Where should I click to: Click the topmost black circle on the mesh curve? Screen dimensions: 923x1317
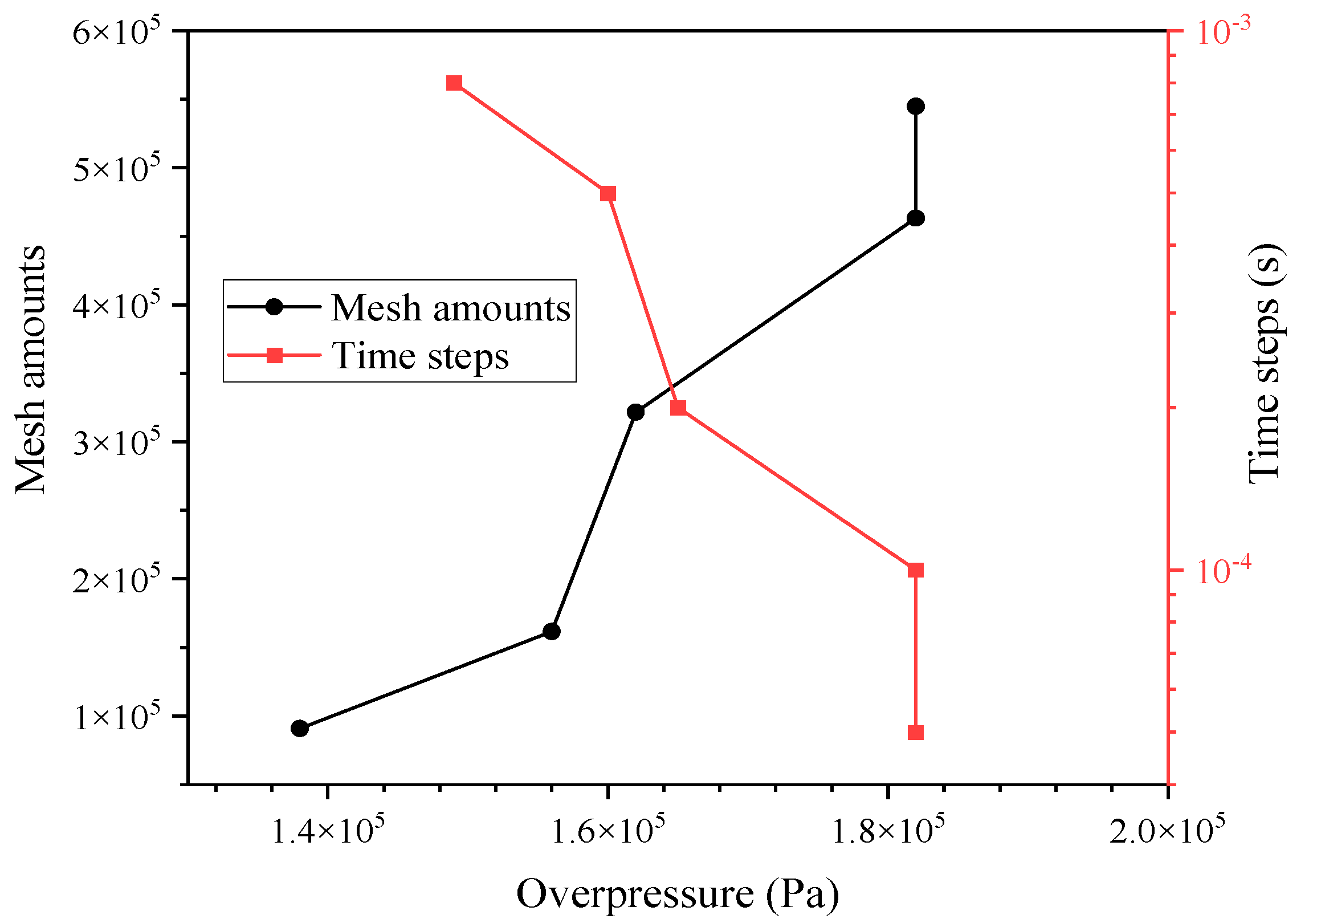coord(915,106)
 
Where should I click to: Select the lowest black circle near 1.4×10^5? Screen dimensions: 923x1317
coord(299,729)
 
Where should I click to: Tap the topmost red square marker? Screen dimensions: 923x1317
coord(454,83)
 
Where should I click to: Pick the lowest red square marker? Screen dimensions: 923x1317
coord(915,733)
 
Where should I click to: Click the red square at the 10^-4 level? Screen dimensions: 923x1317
coord(915,570)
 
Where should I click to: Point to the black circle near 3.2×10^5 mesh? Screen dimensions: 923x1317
coord(635,412)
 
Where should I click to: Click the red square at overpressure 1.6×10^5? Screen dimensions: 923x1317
coord(608,193)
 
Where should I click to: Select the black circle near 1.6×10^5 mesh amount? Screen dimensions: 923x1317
coord(551,632)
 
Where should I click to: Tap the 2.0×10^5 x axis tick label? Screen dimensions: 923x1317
coord(1167,831)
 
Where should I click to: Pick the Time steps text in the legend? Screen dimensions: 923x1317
coord(420,356)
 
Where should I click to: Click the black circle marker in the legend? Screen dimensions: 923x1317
coord(274,307)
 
